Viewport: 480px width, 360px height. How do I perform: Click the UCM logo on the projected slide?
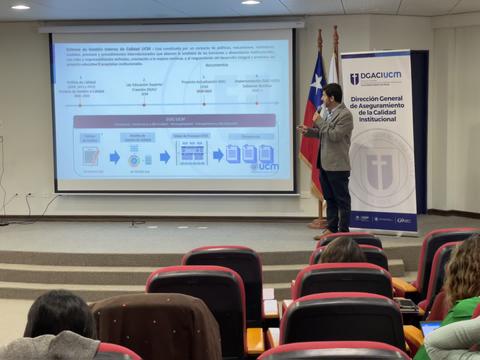(x=265, y=166)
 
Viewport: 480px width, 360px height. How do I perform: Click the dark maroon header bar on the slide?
(x=174, y=120)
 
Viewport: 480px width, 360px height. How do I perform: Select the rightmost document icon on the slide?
(x=265, y=153)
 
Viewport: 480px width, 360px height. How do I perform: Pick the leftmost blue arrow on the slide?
(x=115, y=157)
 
